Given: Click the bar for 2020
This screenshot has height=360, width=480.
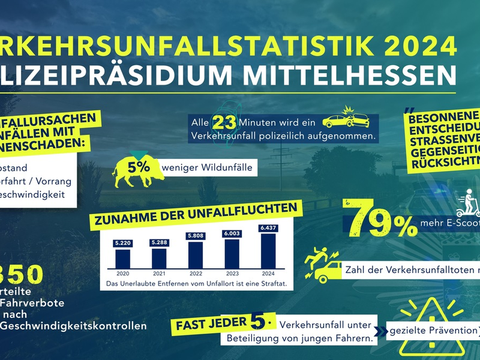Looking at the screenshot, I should pos(122,258).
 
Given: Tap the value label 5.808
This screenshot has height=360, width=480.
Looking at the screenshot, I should pos(196,236).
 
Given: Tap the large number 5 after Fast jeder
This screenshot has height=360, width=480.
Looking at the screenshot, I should pos(257,322).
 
